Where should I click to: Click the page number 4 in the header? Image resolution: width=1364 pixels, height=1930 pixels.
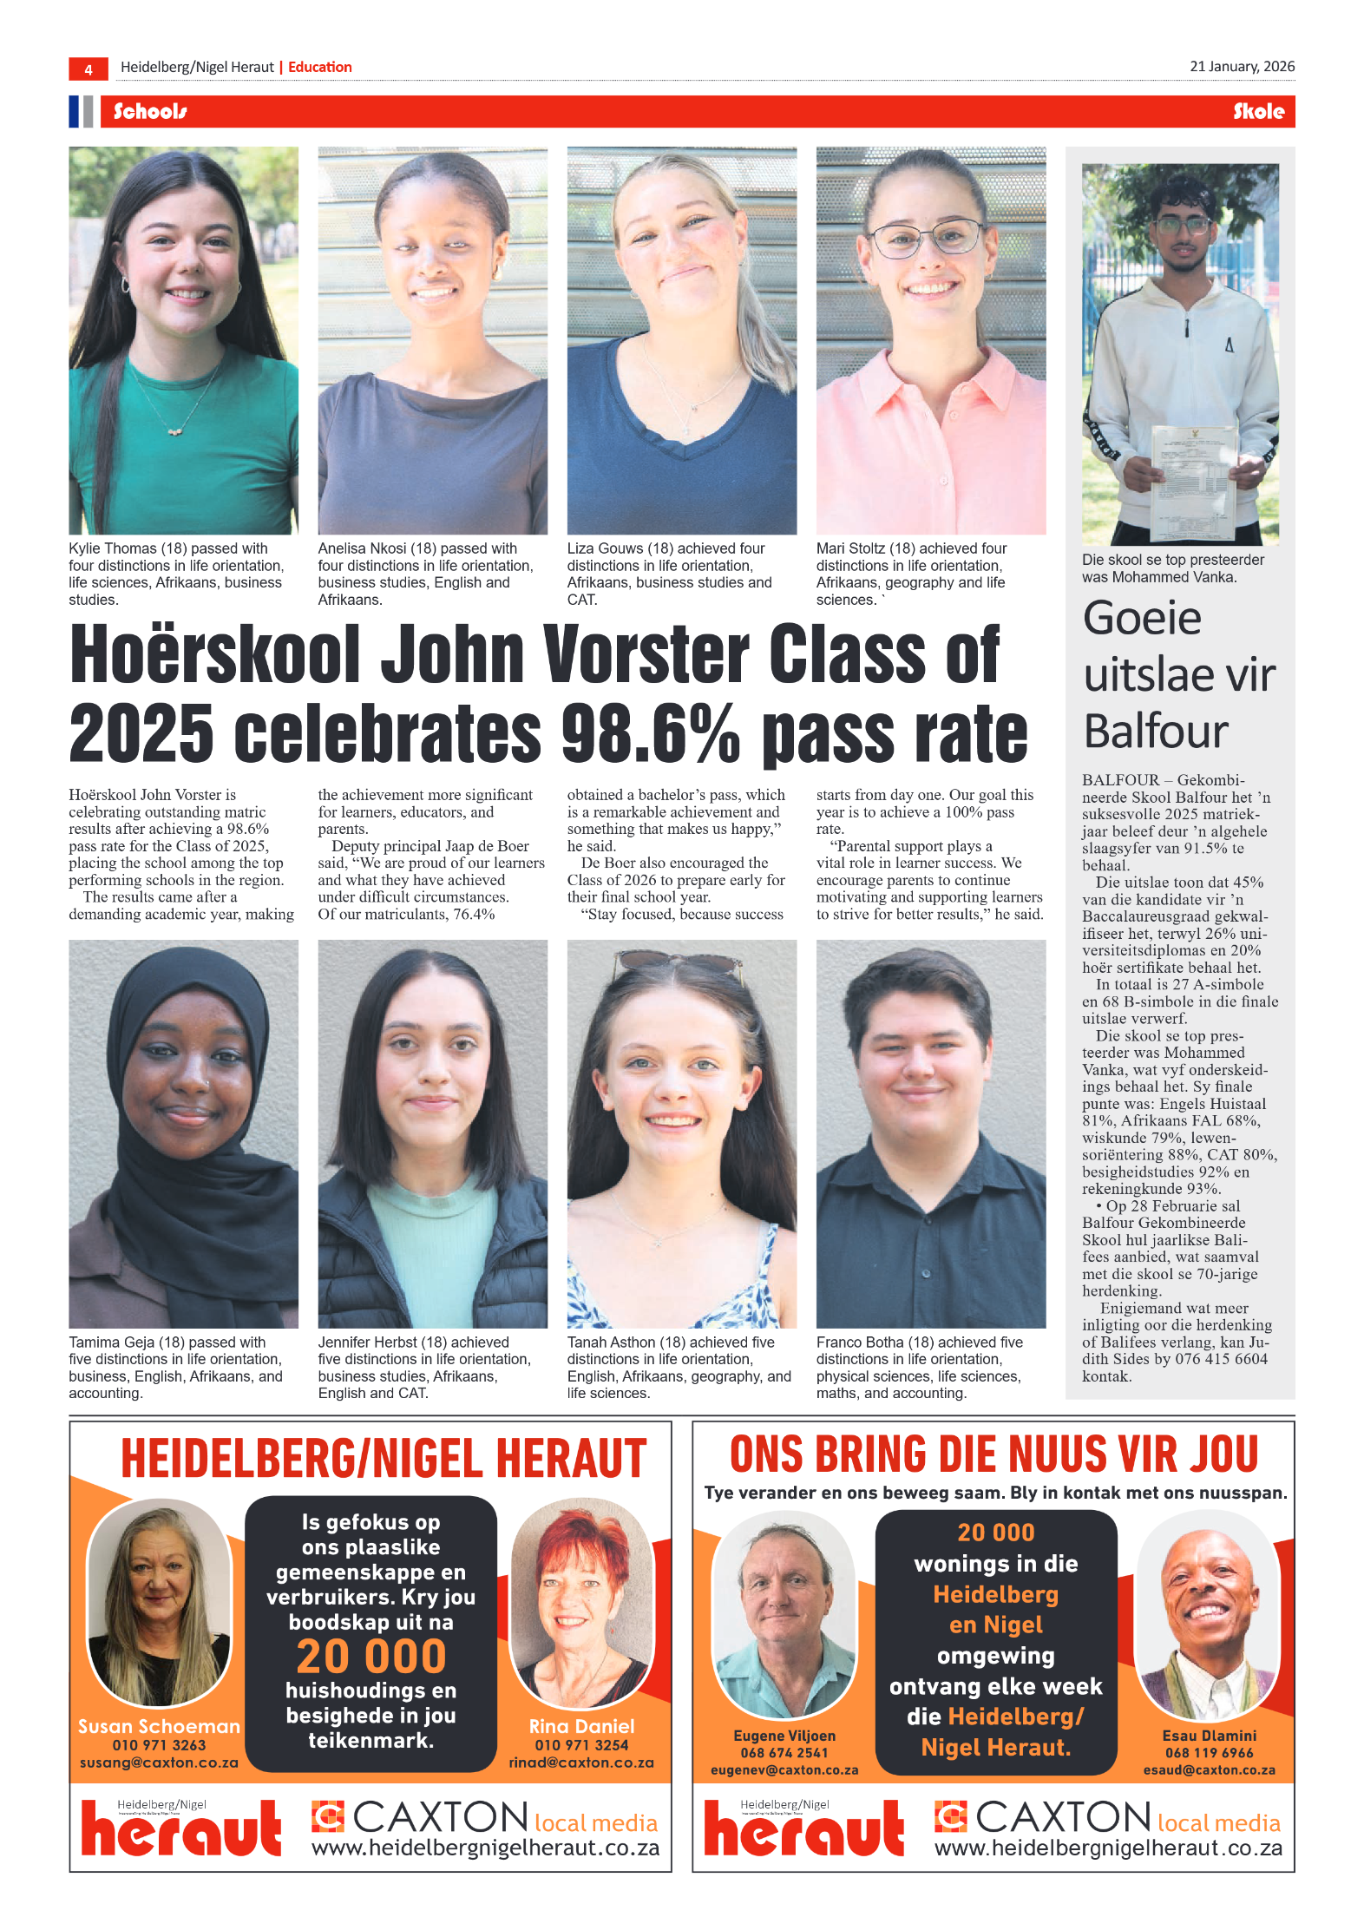click(x=88, y=69)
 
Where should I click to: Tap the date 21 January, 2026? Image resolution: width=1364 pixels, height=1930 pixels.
click(x=1242, y=67)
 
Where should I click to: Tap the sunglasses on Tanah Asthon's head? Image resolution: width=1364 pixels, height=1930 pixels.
click(x=680, y=962)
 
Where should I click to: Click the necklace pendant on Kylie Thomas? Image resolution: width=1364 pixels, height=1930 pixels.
click(x=175, y=430)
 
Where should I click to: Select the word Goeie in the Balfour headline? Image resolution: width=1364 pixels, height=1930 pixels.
click(x=1142, y=619)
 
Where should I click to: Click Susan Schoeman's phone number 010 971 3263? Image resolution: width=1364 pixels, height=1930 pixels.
click(x=159, y=1745)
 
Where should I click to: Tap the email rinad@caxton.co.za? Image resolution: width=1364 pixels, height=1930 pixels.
click(x=581, y=1763)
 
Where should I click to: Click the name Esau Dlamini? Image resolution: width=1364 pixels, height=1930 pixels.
click(x=1209, y=1736)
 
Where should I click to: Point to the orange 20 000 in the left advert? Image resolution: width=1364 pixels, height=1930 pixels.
click(x=371, y=1656)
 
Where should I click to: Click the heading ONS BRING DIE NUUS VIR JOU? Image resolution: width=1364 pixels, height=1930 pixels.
click(x=993, y=1454)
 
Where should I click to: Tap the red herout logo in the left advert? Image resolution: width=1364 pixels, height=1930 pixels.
click(x=180, y=1830)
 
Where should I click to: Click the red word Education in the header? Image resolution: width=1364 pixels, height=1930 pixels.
click(x=319, y=68)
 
